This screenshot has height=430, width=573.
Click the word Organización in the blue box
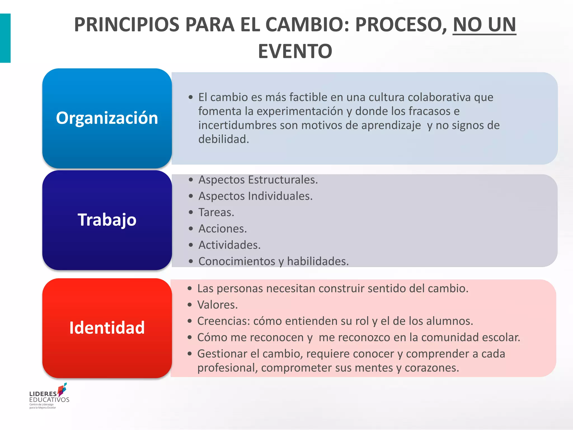tap(107, 118)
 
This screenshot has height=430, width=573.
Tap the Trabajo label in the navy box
tap(107, 220)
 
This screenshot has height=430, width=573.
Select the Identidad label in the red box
tap(107, 328)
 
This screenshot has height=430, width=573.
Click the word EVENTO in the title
tap(295, 52)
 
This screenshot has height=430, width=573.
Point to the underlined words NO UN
tap(484, 25)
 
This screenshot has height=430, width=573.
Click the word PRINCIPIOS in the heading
tap(126, 25)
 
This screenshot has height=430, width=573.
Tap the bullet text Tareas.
tap(216, 212)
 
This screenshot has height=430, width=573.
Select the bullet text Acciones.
tap(222, 229)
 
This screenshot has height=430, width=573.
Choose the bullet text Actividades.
tap(229, 245)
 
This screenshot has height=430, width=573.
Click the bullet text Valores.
tap(217, 305)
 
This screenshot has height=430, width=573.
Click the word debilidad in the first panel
tap(223, 139)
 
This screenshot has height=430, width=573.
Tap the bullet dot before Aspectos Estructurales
tap(191, 180)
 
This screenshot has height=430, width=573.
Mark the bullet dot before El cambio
tap(191, 97)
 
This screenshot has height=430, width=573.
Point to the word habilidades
tap(318, 261)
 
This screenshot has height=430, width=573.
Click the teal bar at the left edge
tap(5, 38)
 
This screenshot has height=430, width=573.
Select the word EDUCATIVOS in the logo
tap(49, 400)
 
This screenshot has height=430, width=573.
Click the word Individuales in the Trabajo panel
tap(280, 196)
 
